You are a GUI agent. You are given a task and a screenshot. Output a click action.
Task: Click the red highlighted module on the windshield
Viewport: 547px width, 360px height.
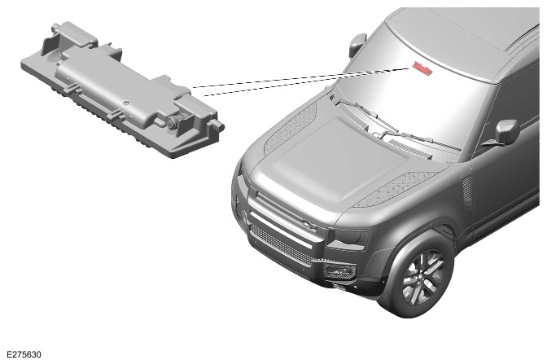(x=422, y=68)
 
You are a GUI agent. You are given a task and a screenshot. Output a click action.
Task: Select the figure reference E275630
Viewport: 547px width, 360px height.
(x=24, y=354)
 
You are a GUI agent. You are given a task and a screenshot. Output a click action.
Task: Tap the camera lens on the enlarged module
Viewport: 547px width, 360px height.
(x=173, y=122)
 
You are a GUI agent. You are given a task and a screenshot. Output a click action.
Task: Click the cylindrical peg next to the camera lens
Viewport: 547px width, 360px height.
(x=218, y=125)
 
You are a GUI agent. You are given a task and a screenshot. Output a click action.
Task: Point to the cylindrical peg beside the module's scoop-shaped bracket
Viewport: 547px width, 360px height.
(x=56, y=27)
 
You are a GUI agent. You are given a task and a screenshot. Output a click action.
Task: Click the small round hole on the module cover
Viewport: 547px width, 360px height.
(x=126, y=103)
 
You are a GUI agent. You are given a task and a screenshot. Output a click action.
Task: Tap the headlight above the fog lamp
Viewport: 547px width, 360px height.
(x=349, y=239)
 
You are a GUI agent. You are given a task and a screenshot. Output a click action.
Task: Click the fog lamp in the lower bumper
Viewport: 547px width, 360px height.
(x=339, y=270)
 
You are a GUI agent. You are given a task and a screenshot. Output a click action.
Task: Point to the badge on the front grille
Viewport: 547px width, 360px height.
(x=308, y=224)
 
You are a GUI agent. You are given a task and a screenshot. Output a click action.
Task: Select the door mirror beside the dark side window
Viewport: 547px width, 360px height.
(x=506, y=132)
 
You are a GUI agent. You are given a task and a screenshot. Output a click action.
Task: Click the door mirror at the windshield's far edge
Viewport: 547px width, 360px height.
(x=358, y=45)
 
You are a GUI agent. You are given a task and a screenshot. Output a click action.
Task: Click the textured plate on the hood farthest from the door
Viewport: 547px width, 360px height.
(x=291, y=130)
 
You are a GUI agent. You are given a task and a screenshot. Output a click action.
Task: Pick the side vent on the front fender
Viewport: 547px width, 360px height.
(x=466, y=191)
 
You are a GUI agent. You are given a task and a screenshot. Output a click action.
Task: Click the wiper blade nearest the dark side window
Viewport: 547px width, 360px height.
(x=422, y=138)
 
